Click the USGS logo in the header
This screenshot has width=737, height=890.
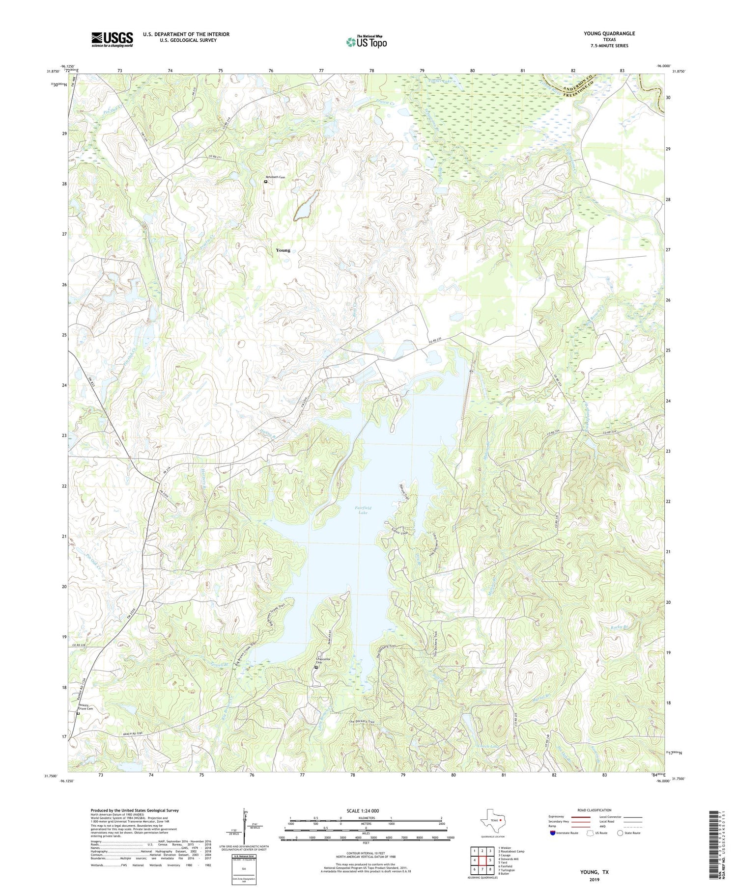click(x=112, y=39)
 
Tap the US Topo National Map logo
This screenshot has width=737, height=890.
click(x=366, y=42)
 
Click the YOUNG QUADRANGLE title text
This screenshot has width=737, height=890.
click(x=609, y=33)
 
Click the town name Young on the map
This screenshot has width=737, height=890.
click(x=283, y=250)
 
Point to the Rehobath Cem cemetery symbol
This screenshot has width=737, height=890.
click(x=266, y=182)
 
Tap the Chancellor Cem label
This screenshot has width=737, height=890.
click(x=322, y=661)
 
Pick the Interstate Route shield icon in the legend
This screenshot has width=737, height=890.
click(x=553, y=833)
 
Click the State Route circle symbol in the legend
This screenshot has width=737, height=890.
click(x=621, y=833)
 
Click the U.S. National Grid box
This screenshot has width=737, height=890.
click(x=244, y=869)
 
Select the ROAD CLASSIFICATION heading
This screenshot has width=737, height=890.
click(x=595, y=810)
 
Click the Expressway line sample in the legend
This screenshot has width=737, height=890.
click(x=580, y=817)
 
